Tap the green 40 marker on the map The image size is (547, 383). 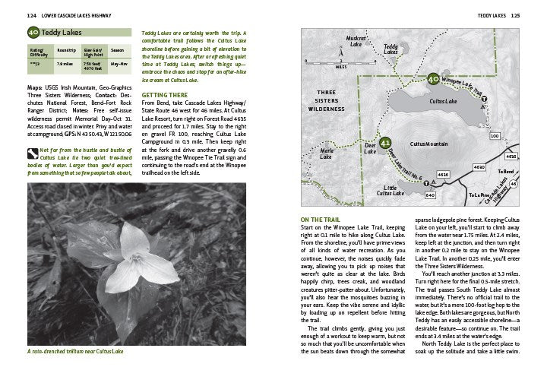433,78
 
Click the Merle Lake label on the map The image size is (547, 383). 326,154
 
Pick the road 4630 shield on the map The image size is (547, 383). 479,166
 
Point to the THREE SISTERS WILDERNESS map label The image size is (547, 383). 330,100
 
